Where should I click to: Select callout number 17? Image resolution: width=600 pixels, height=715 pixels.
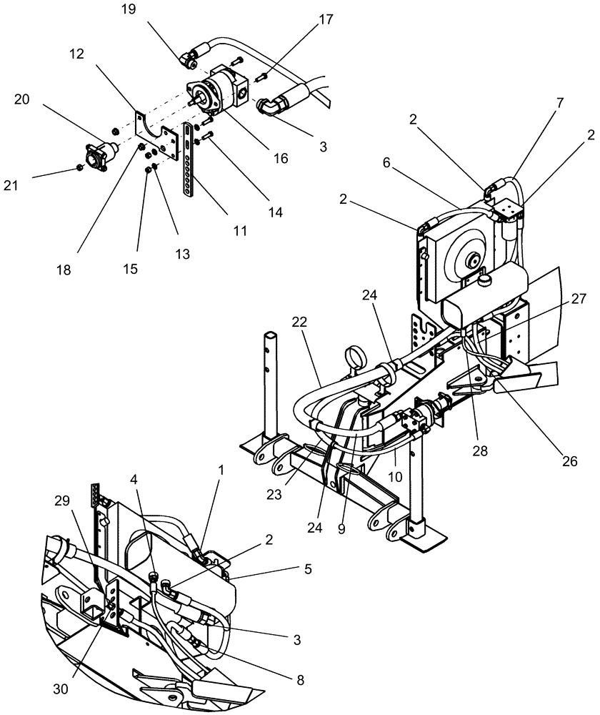(x=326, y=20)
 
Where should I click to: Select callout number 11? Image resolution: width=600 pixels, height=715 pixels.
(x=240, y=230)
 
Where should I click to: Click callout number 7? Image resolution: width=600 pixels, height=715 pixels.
(x=559, y=103)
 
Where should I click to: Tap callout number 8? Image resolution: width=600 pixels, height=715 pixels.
(x=301, y=681)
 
